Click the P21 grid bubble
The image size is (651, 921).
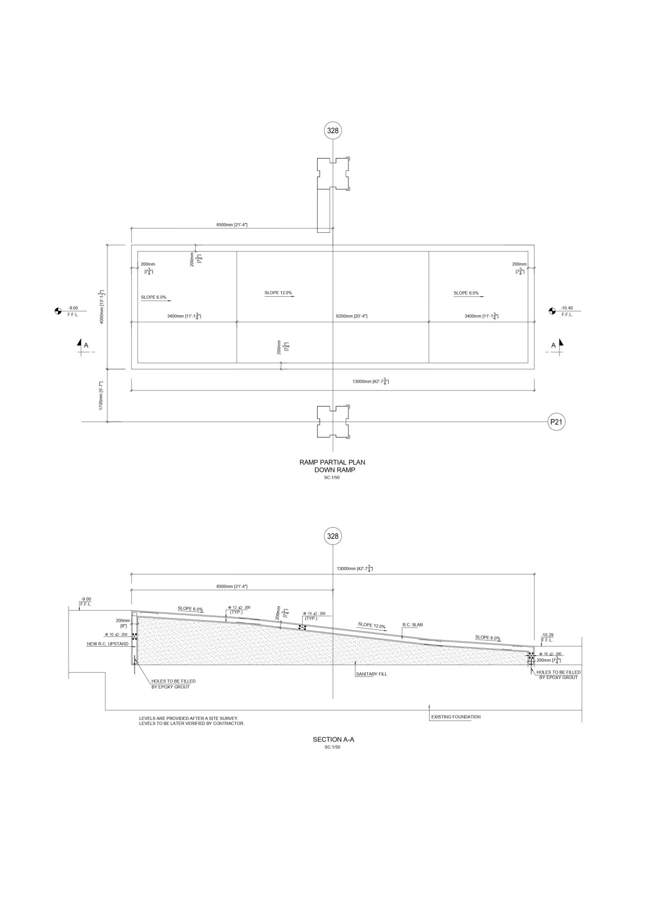[556, 422]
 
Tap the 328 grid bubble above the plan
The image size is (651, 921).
[333, 130]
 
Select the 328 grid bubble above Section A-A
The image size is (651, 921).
[333, 536]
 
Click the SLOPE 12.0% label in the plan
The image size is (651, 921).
[278, 293]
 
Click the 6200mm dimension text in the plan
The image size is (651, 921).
[351, 316]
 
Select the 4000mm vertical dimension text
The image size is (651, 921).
[103, 306]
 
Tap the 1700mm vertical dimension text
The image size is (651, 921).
[102, 396]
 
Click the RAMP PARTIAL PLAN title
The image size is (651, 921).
[332, 463]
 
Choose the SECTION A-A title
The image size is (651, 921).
[333, 739]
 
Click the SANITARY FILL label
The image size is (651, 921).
[371, 674]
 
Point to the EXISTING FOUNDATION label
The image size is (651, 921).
[456, 717]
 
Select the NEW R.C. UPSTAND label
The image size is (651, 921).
[107, 644]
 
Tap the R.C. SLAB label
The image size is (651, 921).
[413, 625]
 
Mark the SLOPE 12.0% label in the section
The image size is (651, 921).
[372, 625]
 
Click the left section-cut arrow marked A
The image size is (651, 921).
[81, 345]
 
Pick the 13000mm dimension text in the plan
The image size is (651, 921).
[370, 382]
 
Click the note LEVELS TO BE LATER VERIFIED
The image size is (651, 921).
[192, 723]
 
